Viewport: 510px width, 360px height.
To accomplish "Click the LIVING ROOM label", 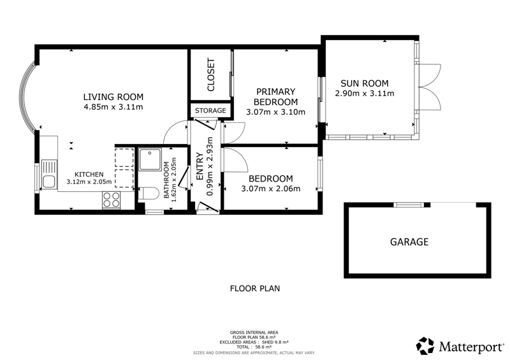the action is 113,97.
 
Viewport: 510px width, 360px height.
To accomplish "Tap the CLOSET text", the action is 211,75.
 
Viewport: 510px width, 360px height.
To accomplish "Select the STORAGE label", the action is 210,111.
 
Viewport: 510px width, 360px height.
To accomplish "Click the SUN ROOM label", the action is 364,83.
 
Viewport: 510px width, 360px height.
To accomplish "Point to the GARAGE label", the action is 409,242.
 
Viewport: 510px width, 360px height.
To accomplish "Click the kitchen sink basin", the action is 49,182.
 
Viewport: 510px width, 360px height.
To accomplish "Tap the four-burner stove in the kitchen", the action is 111,199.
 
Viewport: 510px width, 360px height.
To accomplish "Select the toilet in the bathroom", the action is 148,193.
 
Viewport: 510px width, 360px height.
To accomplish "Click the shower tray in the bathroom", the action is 150,159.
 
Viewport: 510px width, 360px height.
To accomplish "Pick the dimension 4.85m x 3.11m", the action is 113,107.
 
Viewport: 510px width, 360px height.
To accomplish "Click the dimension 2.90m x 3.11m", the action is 364,94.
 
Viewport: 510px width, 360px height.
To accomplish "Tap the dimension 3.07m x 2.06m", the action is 270,189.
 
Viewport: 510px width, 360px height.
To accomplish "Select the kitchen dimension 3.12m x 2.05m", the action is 89,182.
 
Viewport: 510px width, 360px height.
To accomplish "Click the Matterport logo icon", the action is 425,346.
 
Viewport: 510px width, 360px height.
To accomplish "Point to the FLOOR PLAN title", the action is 255,289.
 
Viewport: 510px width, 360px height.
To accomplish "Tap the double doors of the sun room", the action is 430,87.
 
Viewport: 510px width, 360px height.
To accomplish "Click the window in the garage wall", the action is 409,205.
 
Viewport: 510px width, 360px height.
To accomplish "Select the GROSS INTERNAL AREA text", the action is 254,333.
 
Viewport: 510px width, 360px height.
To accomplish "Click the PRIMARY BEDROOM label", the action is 275,97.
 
